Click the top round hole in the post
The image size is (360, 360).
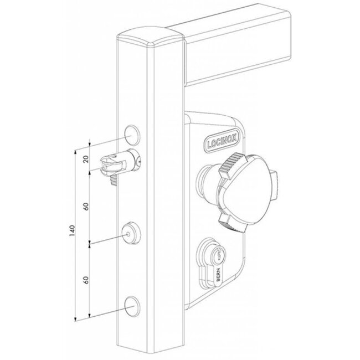click(x=131, y=133)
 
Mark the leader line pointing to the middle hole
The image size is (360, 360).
click(x=108, y=239)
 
